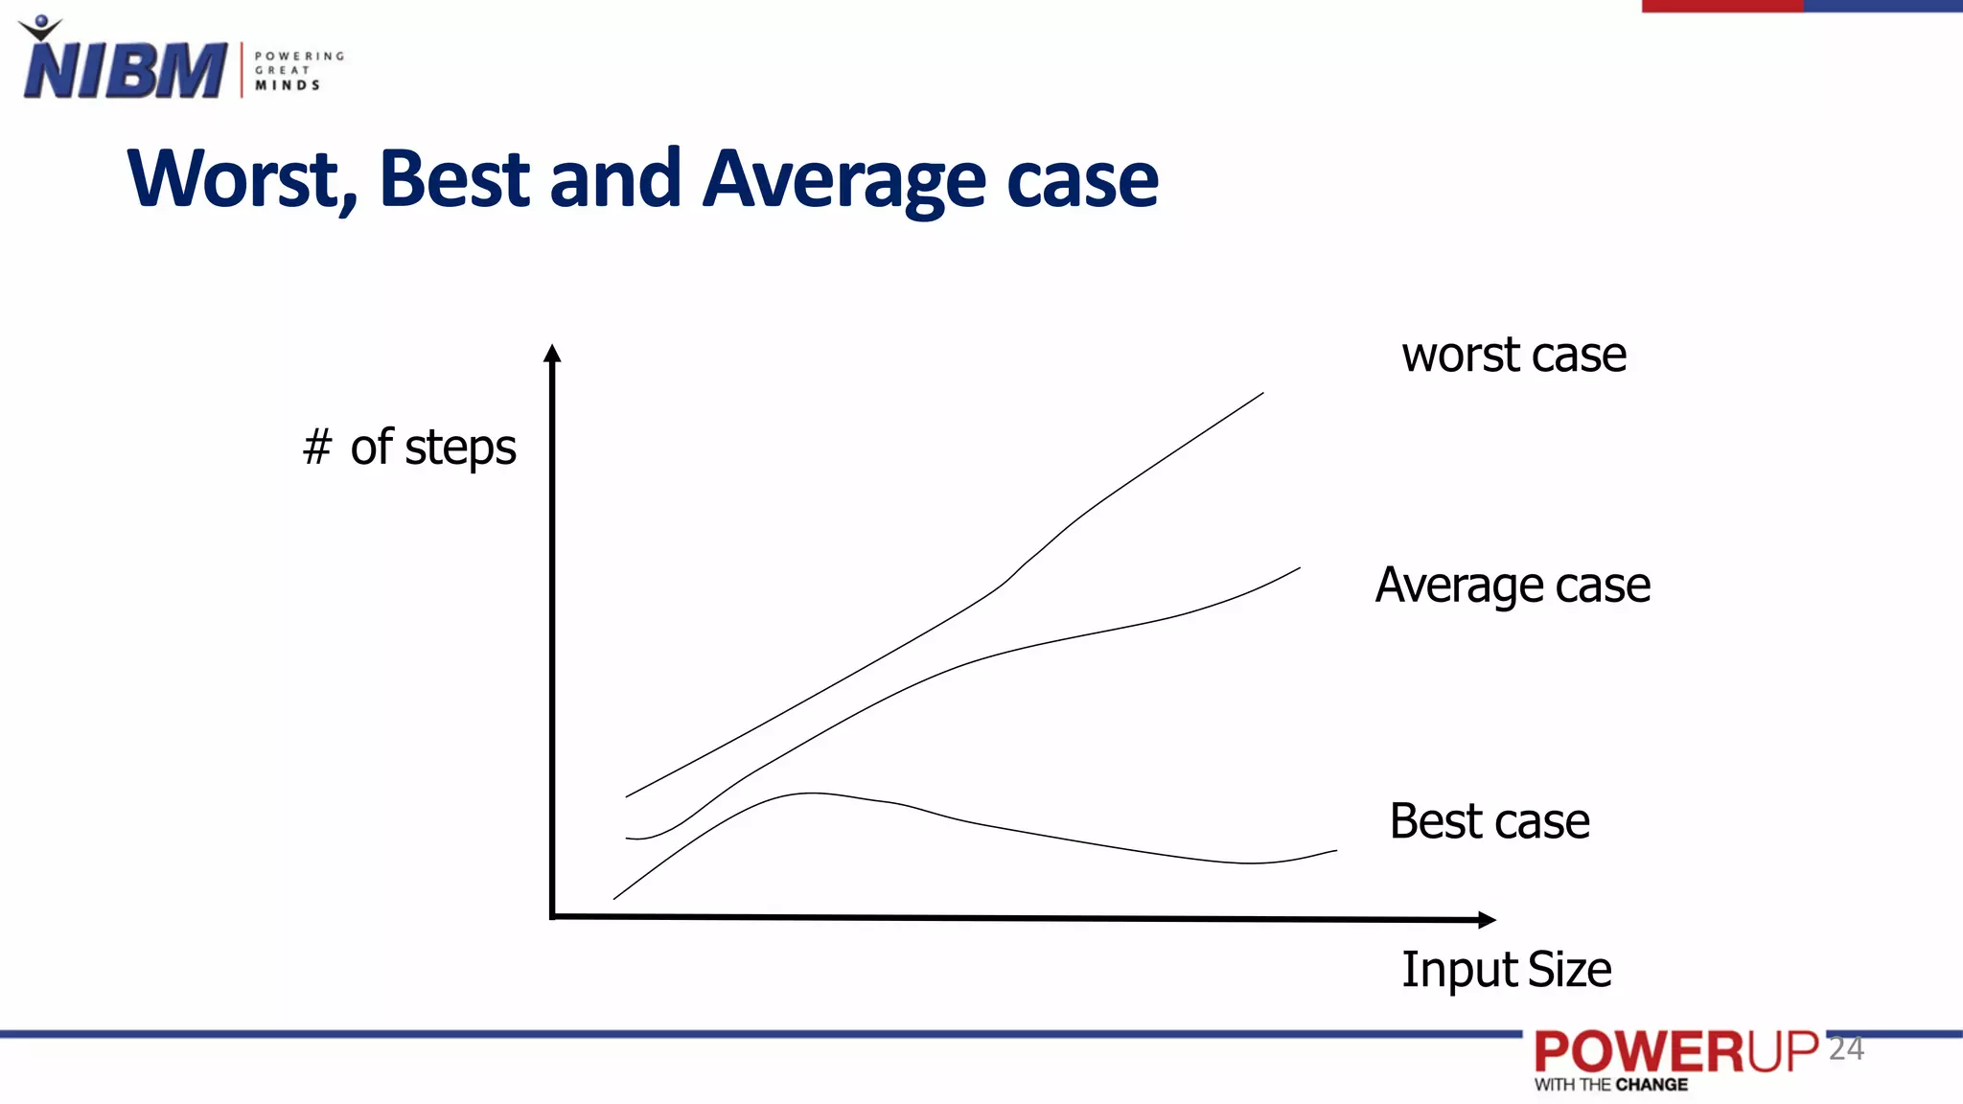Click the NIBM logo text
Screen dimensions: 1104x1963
tap(125, 69)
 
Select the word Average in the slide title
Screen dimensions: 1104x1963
tap(843, 179)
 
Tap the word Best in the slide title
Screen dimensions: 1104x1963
tap(453, 179)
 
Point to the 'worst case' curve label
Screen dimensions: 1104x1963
tap(1513, 356)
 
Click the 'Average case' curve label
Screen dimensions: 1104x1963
tap(1513, 586)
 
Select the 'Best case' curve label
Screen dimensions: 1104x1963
tap(1490, 821)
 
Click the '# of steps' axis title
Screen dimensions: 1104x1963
tap(409, 448)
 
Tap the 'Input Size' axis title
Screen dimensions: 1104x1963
tap(1506, 970)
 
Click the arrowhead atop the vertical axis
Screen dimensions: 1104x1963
tap(552, 353)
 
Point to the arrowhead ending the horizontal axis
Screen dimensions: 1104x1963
tap(1487, 920)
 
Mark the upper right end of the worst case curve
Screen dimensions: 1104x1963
tap(1261, 394)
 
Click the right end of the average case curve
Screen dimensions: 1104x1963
tap(1298, 569)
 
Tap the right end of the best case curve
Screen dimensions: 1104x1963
tap(1334, 851)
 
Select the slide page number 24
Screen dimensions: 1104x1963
tap(1846, 1048)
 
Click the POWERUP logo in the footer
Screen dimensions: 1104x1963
tap(1675, 1052)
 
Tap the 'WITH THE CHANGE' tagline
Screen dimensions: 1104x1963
tap(1611, 1085)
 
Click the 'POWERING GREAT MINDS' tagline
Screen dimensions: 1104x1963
tap(298, 71)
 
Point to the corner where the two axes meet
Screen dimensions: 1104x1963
tap(553, 917)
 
